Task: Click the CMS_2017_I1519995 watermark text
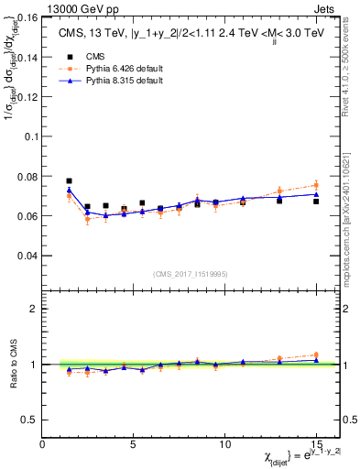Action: [191, 273]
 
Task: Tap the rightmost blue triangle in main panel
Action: [316, 193]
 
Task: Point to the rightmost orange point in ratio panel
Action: [316, 354]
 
